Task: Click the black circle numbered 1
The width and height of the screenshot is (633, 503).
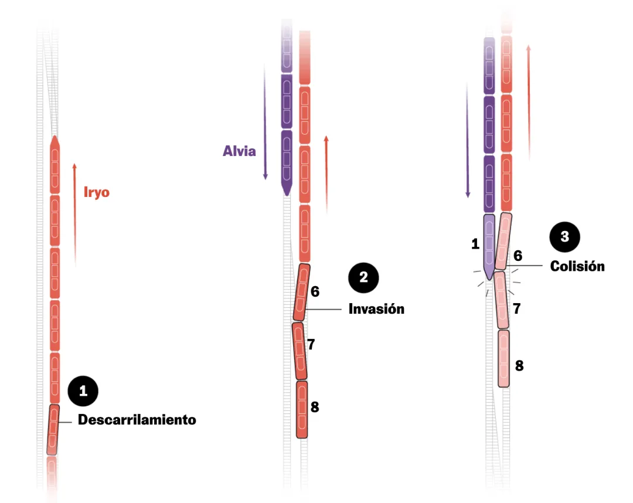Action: (83, 391)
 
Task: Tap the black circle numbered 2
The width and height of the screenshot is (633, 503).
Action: (363, 277)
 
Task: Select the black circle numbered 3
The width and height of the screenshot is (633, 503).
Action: (564, 237)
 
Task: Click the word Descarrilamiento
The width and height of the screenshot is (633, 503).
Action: (137, 420)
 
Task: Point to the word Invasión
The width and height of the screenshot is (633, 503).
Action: (376, 308)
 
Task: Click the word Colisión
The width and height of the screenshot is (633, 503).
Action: (577, 266)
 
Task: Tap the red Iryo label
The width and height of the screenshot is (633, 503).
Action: (97, 192)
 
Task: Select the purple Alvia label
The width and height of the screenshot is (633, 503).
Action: (239, 151)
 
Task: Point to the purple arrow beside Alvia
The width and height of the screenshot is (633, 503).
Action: (266, 120)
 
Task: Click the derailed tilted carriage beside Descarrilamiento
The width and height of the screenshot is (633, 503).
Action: (53, 429)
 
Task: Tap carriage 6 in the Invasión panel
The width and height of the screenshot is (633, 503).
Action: (301, 292)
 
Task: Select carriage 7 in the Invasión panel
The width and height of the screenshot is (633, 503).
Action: (300, 351)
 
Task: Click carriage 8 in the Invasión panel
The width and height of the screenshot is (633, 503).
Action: (302, 409)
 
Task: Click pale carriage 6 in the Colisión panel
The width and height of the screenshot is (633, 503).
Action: (503, 241)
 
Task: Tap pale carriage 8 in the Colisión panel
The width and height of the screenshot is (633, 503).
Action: (503, 358)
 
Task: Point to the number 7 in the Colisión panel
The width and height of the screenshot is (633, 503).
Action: (516, 308)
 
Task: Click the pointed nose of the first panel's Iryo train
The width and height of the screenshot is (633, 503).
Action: (55, 141)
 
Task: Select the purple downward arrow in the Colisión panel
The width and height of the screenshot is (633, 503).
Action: (468, 141)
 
